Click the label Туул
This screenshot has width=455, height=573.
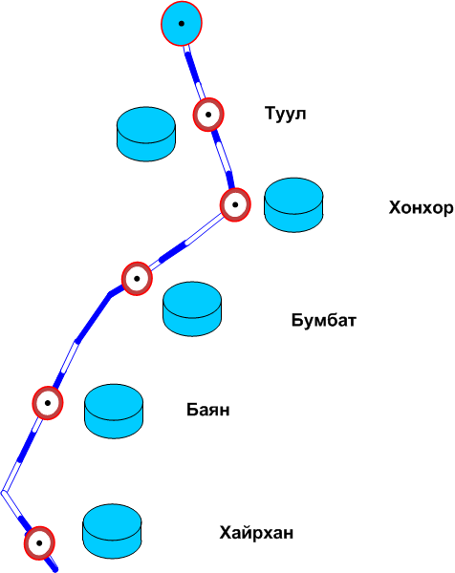point(285,114)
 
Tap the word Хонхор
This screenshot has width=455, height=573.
point(421,207)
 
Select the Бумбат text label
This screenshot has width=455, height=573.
point(324,320)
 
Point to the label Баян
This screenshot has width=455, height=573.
point(208,410)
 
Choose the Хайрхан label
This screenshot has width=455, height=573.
point(256,533)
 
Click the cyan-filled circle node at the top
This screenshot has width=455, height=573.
point(182,23)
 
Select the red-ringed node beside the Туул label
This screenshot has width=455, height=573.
point(208,115)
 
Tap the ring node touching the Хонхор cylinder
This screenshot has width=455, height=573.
point(235,204)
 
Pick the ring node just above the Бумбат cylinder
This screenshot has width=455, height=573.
point(137,279)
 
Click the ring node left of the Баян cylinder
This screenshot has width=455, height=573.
point(48,403)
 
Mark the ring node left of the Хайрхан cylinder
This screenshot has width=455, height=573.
point(39,543)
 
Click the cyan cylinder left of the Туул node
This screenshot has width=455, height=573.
point(146,134)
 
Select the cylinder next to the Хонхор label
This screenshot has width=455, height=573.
point(293,205)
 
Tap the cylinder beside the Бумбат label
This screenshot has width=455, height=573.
point(192,308)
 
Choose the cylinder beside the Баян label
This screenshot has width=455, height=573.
point(114,411)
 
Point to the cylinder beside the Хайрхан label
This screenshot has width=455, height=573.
point(112,531)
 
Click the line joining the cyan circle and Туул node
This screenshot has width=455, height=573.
point(194,72)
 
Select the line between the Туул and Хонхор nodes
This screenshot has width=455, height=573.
point(223,159)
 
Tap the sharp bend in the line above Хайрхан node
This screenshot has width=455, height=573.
point(3,492)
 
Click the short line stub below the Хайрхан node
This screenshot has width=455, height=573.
point(53,564)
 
